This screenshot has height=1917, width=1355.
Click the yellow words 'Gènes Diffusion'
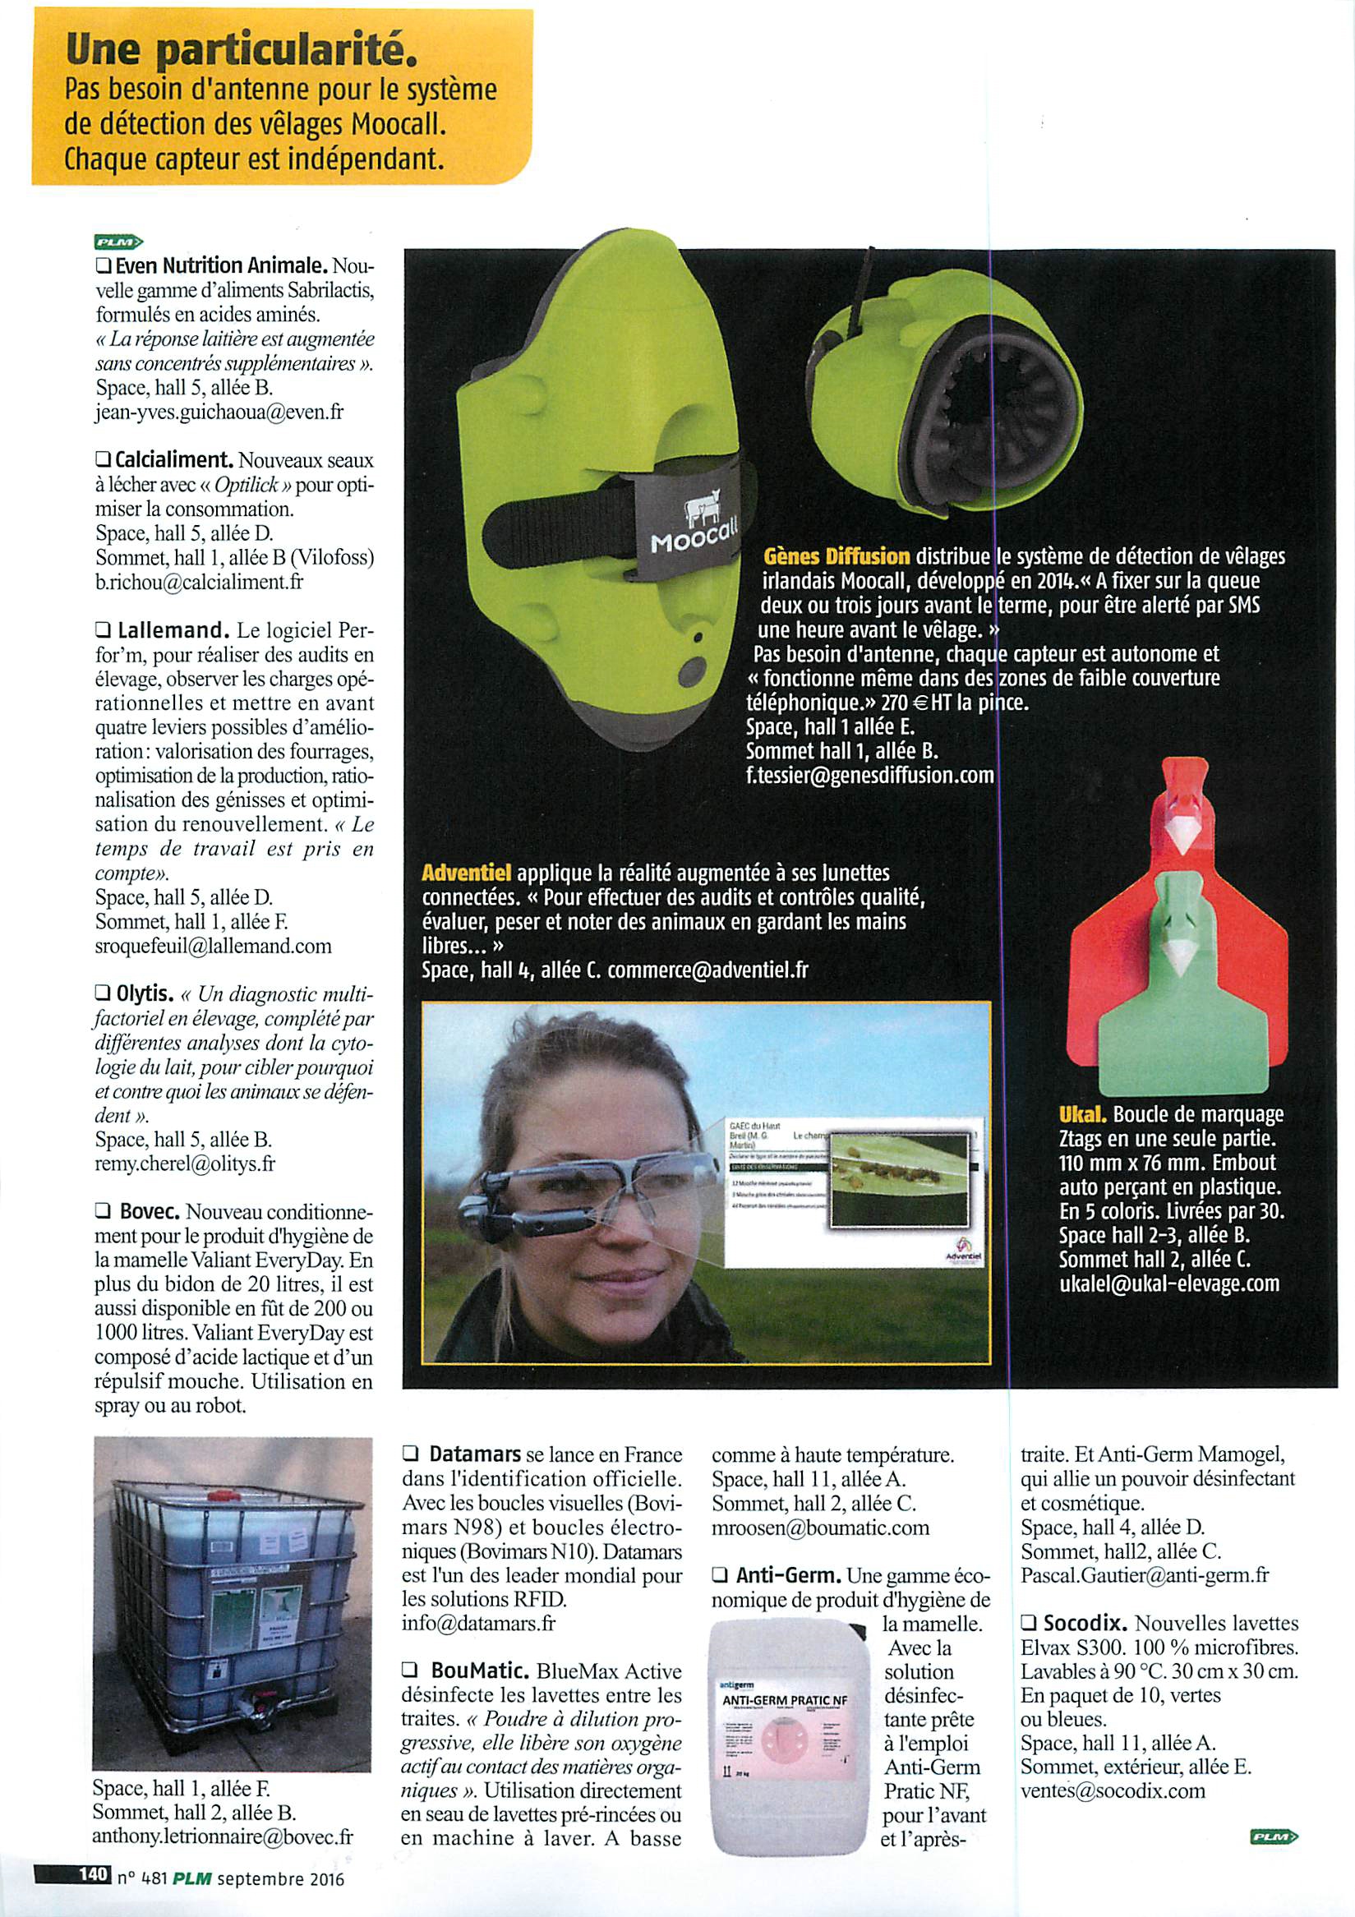pos(837,556)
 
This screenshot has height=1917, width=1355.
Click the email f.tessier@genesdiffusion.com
pos(869,774)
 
